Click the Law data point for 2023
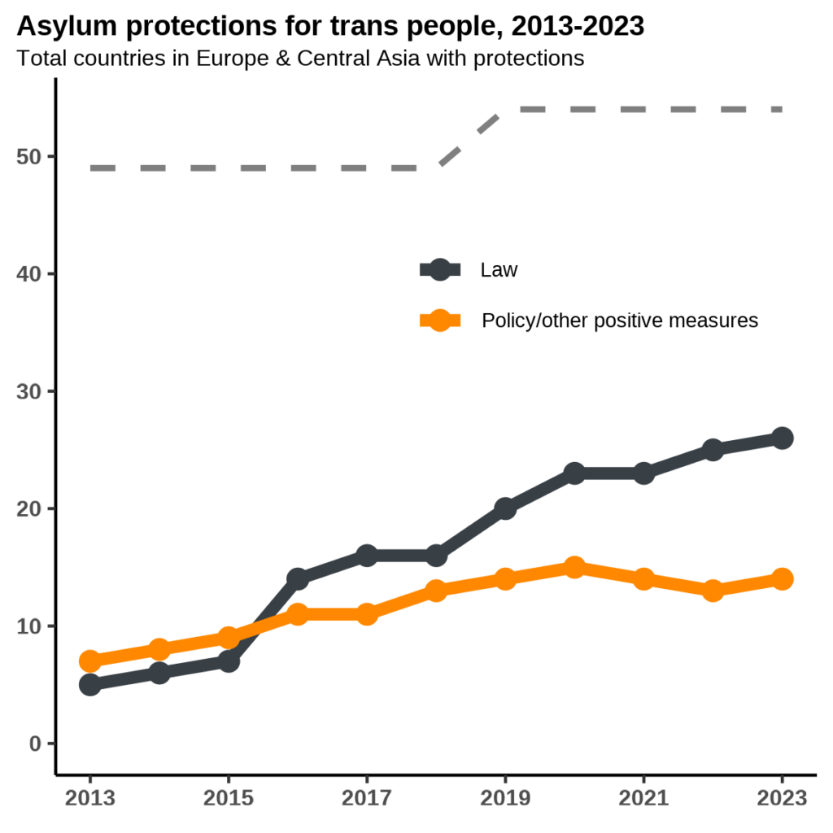(x=782, y=438)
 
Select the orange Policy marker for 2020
(x=574, y=567)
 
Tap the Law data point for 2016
(x=298, y=578)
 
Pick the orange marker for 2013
(x=90, y=661)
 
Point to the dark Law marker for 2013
(x=90, y=684)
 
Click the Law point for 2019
(x=505, y=508)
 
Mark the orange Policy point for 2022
(x=713, y=591)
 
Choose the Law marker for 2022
(x=713, y=450)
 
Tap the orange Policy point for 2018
(x=436, y=591)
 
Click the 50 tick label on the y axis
(x=28, y=156)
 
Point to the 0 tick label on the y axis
(x=35, y=744)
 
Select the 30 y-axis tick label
(x=28, y=391)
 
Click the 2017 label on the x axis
(x=367, y=798)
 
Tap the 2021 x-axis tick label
(x=643, y=798)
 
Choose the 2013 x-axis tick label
(x=90, y=798)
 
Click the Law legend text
(x=499, y=270)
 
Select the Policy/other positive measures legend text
(x=620, y=321)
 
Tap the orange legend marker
(x=440, y=321)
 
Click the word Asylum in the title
(x=63, y=27)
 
